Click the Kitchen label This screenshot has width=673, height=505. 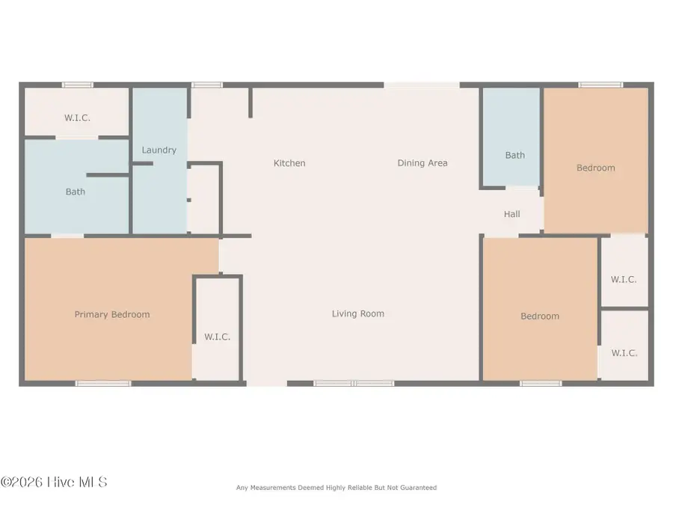289,163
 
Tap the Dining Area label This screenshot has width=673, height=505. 422,163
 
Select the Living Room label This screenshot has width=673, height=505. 358,314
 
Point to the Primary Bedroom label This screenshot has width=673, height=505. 112,315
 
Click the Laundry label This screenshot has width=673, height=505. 159,150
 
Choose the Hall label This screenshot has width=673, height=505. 511,215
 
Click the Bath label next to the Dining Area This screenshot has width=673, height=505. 514,156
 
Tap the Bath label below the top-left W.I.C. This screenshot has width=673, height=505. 76,192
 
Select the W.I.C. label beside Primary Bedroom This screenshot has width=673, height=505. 218,337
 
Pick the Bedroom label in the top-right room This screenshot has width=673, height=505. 596,168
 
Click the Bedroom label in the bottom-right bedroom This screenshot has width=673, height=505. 540,316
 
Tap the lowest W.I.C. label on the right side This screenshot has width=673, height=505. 624,353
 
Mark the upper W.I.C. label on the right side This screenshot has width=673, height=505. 624,280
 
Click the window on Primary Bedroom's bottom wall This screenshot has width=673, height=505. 103,383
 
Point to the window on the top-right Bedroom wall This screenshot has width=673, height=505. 601,85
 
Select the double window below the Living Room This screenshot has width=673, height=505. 354,383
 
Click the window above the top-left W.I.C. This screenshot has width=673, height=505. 78,85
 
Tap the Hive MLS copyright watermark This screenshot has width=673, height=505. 54,483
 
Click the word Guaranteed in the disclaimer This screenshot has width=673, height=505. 417,488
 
